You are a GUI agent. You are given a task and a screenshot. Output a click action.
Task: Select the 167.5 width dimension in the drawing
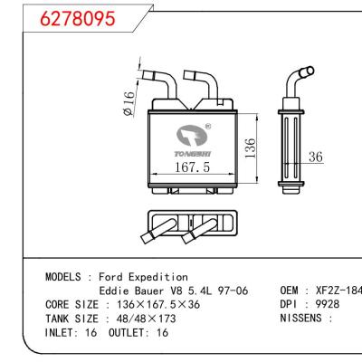click(191, 168)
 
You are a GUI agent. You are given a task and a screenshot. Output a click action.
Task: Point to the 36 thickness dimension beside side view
click(316, 157)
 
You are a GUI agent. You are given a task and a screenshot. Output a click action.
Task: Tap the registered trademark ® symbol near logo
click(210, 127)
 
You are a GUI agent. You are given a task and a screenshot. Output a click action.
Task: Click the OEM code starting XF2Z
click(338, 291)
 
